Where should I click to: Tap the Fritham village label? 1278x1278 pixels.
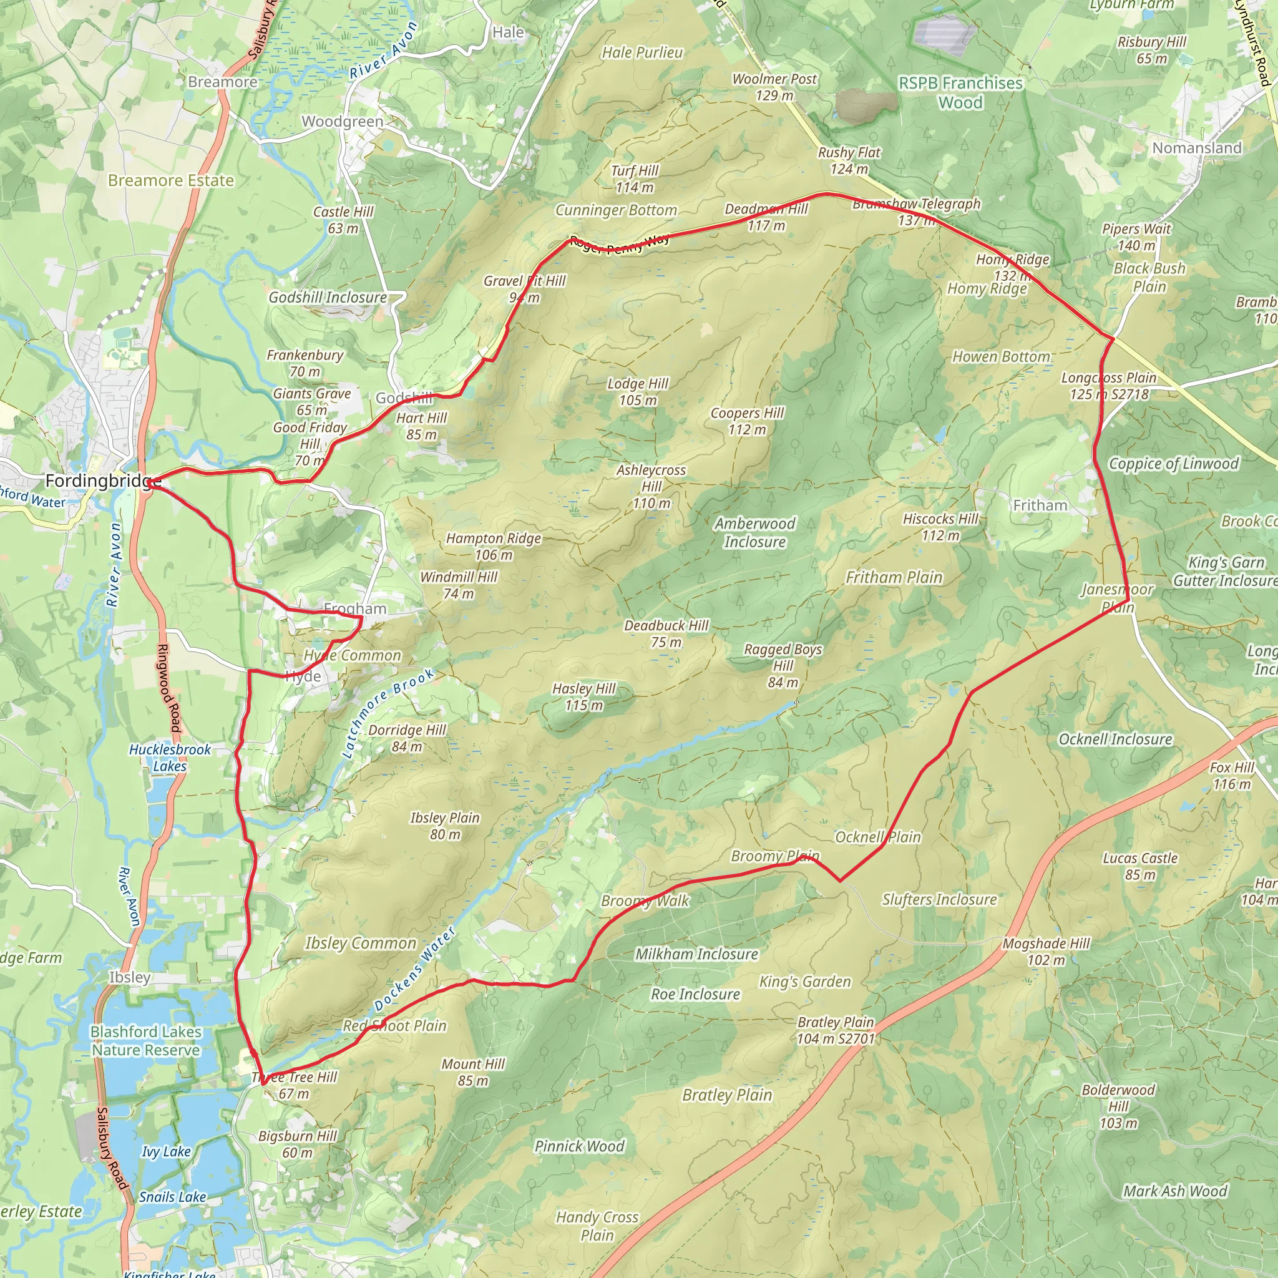click(x=1040, y=505)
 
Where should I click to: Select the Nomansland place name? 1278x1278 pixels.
click(x=1197, y=147)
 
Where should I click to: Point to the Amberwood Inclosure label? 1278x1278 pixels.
click(x=755, y=532)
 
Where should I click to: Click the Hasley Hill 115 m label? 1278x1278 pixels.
click(x=584, y=696)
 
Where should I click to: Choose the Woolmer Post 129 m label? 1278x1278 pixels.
click(x=774, y=87)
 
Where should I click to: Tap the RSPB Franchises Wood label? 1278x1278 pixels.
click(x=960, y=92)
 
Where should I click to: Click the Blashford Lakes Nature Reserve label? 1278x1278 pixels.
click(x=145, y=1040)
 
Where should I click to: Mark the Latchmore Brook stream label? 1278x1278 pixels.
click(x=388, y=713)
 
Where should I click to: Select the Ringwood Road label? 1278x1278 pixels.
click(x=168, y=688)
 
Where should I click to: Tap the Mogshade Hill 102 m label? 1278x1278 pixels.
click(x=1046, y=951)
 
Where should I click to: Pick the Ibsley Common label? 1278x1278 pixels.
click(x=361, y=944)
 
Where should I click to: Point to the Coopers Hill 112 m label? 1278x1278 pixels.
click(x=747, y=421)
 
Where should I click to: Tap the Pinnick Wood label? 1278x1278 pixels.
click(x=579, y=1146)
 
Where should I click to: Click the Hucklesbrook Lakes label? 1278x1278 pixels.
click(x=169, y=758)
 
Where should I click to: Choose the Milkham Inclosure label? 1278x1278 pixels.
click(x=696, y=954)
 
